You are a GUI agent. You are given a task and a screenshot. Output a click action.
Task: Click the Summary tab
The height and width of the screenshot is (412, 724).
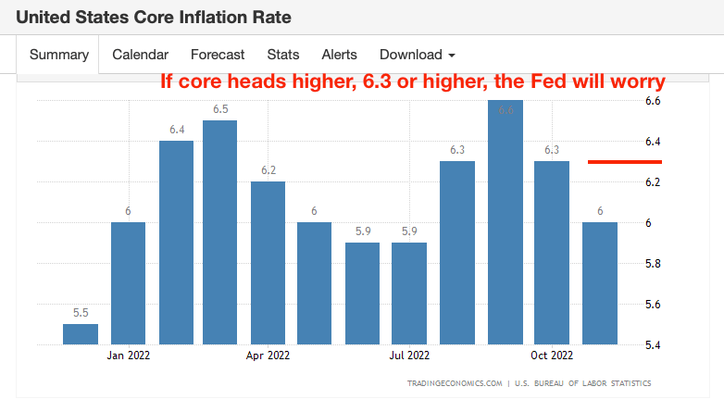[58, 55]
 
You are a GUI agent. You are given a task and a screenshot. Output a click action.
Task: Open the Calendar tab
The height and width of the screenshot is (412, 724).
[140, 55]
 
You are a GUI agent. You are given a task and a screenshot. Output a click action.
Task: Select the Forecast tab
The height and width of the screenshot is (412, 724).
[218, 55]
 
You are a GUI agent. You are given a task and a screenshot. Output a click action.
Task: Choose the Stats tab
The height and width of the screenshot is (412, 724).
[282, 55]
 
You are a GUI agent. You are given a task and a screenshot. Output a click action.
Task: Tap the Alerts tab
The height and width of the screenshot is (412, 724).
[339, 55]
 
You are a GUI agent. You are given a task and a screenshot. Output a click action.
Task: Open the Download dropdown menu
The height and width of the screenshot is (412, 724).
[417, 55]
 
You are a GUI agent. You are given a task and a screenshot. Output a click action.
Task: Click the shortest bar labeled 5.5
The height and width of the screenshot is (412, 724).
[81, 334]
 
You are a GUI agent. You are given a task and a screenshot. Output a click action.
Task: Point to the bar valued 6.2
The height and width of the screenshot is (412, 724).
[268, 263]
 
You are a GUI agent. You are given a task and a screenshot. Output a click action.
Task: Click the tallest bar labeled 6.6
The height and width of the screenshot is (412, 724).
[505, 222]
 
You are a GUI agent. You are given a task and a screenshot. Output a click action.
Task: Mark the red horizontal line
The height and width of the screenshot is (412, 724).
[625, 162]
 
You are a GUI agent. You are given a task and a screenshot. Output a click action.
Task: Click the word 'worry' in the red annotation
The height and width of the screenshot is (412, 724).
[634, 81]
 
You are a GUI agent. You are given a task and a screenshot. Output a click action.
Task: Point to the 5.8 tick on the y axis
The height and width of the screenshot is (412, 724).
[653, 264]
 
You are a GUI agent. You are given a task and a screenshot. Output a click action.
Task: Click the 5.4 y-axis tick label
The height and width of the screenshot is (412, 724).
[653, 345]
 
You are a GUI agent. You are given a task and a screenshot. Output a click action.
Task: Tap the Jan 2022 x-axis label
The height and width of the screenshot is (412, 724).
[128, 355]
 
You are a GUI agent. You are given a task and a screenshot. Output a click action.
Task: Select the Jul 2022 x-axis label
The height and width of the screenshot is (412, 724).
[409, 355]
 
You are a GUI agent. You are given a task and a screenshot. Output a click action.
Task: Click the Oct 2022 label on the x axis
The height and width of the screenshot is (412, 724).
[552, 355]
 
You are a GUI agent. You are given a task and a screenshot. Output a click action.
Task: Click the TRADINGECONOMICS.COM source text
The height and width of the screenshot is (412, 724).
[455, 383]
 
